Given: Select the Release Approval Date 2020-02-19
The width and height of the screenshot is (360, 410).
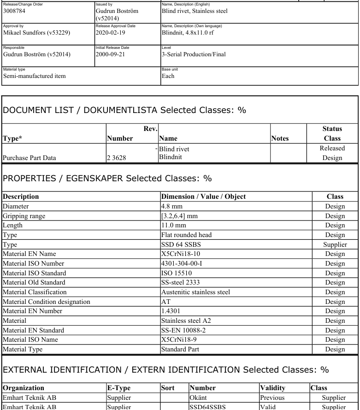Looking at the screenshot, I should (x=111, y=33).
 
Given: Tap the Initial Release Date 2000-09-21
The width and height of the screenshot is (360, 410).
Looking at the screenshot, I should (x=111, y=54).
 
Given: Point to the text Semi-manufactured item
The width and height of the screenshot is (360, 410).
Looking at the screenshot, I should (x=35, y=76).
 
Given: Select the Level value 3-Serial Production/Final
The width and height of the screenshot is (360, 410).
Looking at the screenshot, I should (x=194, y=54).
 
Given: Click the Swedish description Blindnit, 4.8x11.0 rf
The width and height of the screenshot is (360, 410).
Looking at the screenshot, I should (x=194, y=33).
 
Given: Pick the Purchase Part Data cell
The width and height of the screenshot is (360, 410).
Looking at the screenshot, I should (x=30, y=158).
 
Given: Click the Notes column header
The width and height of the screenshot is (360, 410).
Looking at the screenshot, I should (x=280, y=138).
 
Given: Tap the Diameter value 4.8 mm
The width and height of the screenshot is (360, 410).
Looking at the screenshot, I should (x=171, y=207).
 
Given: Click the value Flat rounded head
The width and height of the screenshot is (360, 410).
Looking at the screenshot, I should (x=186, y=235).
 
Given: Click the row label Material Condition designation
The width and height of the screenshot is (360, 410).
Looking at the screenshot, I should (x=47, y=302).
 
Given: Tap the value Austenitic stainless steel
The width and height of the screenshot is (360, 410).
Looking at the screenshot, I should (x=195, y=292).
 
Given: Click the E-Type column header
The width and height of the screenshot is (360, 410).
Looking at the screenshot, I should (x=119, y=388).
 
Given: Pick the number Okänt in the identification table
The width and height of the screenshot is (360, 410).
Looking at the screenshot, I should (x=199, y=398).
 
